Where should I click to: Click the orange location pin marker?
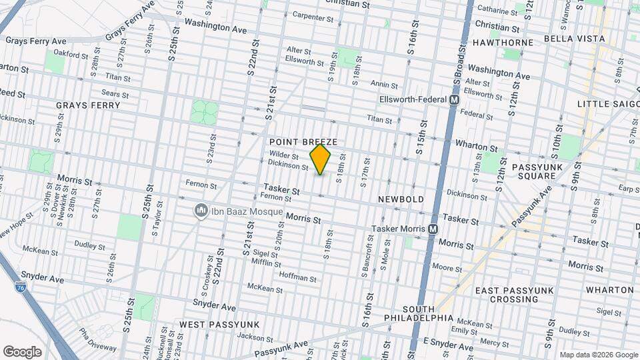tap(321, 159)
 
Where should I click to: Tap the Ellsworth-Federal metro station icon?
tap(455, 99)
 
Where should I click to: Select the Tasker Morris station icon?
tap(433, 229)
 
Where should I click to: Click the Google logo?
tap(23, 351)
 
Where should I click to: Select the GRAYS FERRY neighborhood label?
tap(88, 105)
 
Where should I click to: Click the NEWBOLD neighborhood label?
tap(401, 199)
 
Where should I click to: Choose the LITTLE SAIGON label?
tap(607, 104)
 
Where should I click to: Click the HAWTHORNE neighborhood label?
tap(503, 43)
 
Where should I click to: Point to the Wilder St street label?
tap(283, 155)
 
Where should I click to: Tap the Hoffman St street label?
tap(297, 277)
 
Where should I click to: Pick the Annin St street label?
tap(384, 85)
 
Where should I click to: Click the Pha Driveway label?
tap(97, 337)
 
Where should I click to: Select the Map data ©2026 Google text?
tap(598, 355)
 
